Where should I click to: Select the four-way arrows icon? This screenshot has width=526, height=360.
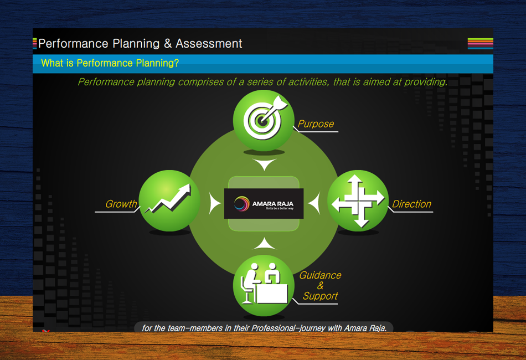tap(358, 200)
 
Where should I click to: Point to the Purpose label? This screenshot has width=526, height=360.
tap(316, 124)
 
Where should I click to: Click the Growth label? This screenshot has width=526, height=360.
tap(121, 204)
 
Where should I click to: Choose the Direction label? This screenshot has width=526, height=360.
tap(411, 204)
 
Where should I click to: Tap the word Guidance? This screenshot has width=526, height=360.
tap(320, 275)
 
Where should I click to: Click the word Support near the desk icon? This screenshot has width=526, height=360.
tap(320, 296)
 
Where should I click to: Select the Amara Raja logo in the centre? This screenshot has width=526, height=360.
tap(264, 204)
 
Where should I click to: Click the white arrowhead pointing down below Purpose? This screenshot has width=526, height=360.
tap(264, 164)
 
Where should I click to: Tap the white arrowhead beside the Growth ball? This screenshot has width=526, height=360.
tap(215, 203)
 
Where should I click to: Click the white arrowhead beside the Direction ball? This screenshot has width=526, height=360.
tap(314, 203)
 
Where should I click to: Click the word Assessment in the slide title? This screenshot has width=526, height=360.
tap(209, 43)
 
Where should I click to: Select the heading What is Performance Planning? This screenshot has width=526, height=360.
tap(110, 63)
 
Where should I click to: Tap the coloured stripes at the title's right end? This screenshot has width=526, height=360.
tap(480, 43)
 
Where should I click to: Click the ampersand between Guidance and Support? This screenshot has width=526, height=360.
tap(320, 286)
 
